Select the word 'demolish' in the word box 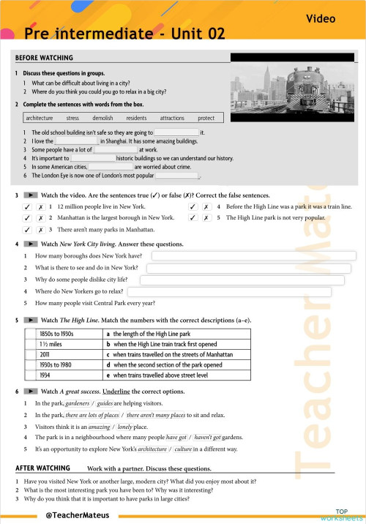(x=102, y=117)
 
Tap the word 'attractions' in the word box (x=172, y=117)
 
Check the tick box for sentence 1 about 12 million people (x=27, y=207)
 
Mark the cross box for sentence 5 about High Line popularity (x=207, y=217)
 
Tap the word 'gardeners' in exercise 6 (x=78, y=403)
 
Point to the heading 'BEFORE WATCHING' (x=44, y=58)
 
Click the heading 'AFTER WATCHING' (x=42, y=468)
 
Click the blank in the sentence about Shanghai (x=77, y=141)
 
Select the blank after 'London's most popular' (x=176, y=176)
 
